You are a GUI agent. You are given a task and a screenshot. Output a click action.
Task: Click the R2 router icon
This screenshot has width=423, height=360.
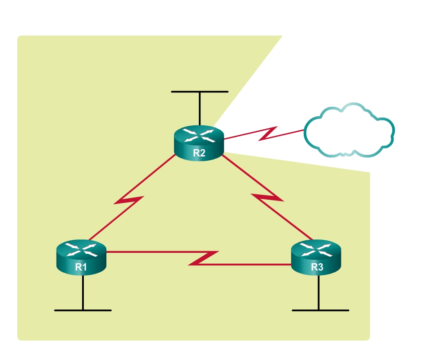(199, 143)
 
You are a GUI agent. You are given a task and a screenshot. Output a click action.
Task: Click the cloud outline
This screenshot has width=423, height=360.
(349, 130)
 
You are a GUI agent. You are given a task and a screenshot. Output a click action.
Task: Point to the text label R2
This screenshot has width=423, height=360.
(199, 153)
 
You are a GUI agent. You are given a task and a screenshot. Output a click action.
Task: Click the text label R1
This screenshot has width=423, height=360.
(81, 267)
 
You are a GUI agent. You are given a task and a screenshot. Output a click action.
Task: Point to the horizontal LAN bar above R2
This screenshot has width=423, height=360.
(199, 92)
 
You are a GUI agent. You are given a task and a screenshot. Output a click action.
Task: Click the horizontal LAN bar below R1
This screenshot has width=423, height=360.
(83, 310)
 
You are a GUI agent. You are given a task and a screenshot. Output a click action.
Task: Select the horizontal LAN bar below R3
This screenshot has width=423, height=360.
(320, 310)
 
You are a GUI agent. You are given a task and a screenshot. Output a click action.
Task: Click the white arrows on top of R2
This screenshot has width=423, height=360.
(199, 135)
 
